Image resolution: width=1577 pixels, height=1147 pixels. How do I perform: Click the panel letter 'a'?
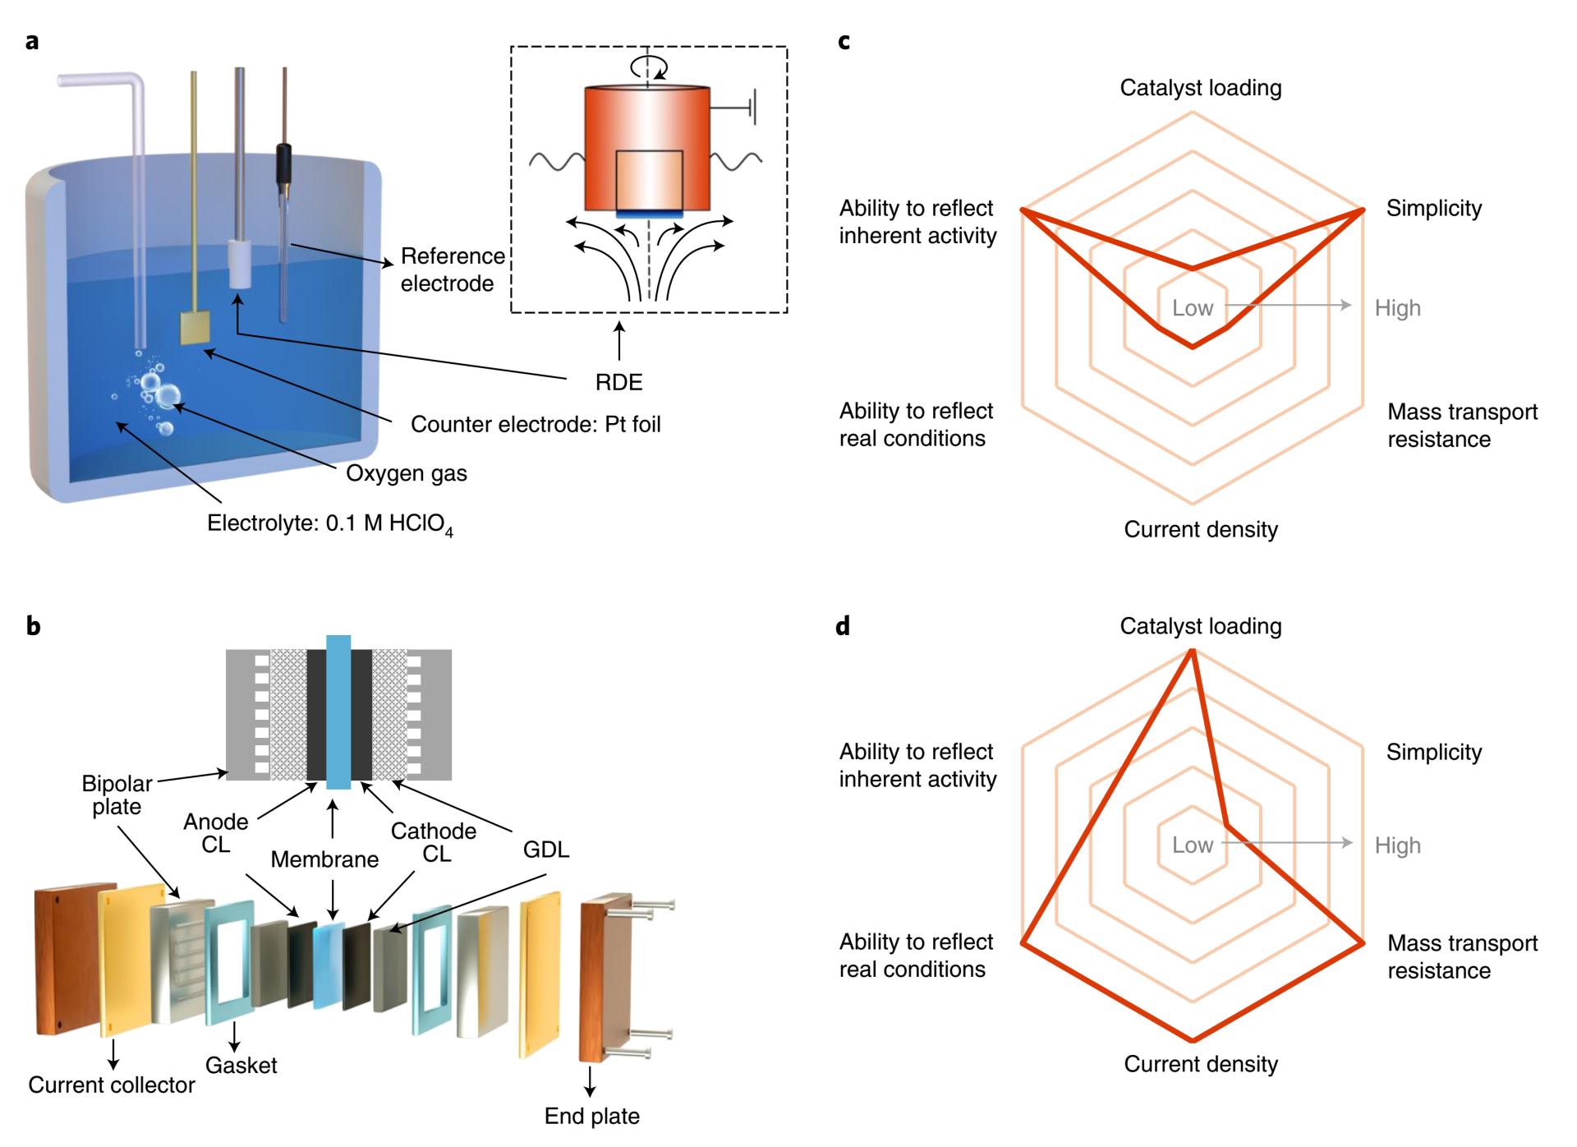[x=32, y=40]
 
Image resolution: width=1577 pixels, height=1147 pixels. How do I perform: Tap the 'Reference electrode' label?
[x=452, y=269]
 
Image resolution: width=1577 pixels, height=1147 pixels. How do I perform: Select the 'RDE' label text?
[x=618, y=382]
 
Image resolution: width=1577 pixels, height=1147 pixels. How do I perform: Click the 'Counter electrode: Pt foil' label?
[x=536, y=424]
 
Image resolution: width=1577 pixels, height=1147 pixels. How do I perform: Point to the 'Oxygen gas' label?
[x=407, y=473]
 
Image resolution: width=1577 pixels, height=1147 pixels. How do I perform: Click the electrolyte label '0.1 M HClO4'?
[x=329, y=524]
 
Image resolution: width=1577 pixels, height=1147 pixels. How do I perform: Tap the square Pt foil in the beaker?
[x=195, y=328]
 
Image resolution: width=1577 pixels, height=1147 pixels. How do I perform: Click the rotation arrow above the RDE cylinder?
[x=648, y=67]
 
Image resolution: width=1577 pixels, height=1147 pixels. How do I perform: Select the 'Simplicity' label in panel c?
[x=1434, y=209]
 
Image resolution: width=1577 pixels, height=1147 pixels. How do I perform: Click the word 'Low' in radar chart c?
[x=1193, y=308]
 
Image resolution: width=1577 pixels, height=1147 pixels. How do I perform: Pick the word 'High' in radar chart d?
[x=1397, y=845]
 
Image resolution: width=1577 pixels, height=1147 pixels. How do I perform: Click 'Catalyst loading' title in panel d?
[x=1201, y=626]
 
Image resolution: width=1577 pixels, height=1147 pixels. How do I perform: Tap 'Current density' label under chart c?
[x=1201, y=529]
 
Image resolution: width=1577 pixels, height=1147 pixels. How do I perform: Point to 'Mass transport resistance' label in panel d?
[x=1462, y=956]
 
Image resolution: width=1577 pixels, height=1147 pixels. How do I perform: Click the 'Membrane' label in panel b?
[x=324, y=859]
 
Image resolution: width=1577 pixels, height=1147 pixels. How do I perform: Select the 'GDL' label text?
[x=546, y=850]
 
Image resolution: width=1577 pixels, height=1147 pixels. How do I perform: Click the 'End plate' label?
[x=591, y=1116]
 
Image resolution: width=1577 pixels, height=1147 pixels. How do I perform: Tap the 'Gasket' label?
[x=241, y=1065]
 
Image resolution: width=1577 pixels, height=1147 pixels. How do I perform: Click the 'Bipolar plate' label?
[x=117, y=795]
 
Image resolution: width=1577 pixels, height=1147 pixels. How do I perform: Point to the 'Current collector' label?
[x=112, y=1085]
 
